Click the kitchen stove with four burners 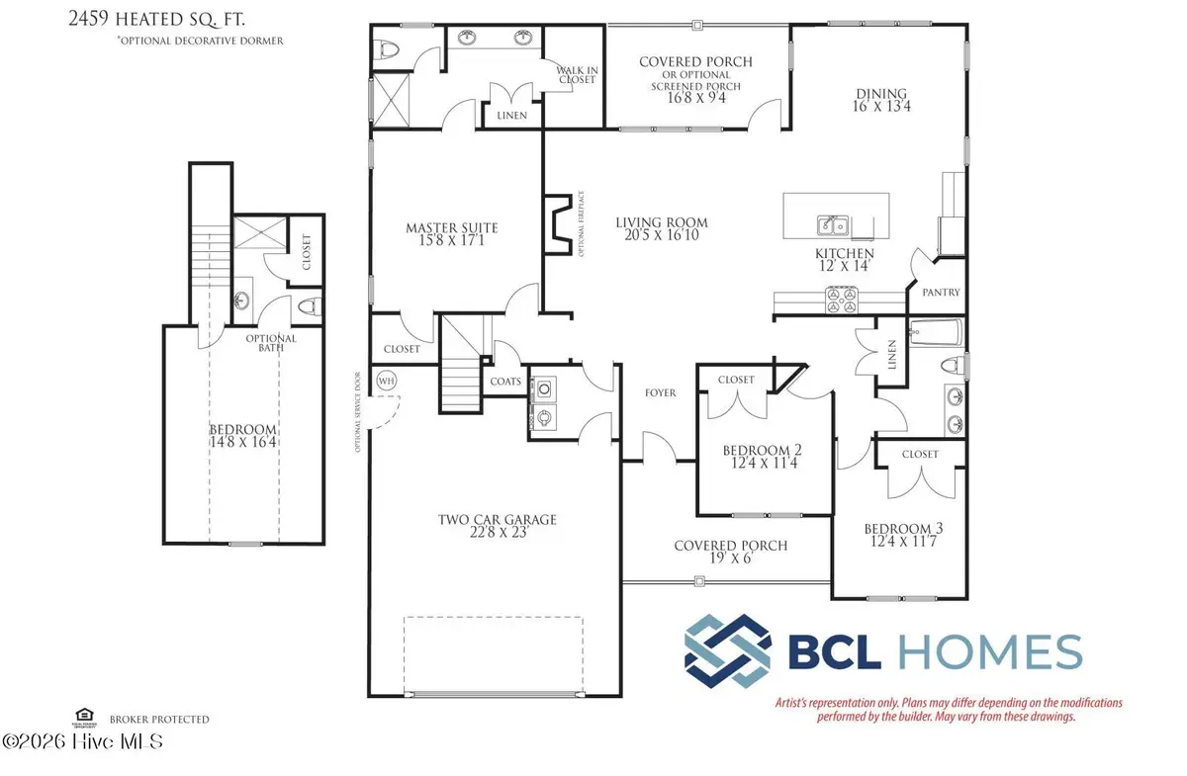click(x=843, y=300)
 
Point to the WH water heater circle click(x=386, y=379)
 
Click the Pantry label click(x=940, y=293)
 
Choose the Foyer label click(x=660, y=392)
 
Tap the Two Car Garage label click(x=498, y=519)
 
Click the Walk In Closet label click(x=576, y=74)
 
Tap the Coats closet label click(x=505, y=381)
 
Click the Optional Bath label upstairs click(x=270, y=345)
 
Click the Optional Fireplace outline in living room click(x=559, y=224)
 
